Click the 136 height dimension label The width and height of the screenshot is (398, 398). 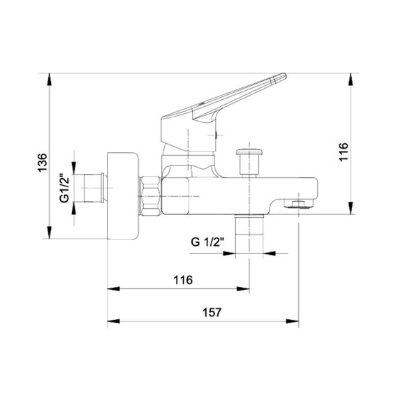43,163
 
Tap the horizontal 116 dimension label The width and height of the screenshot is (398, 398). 183,280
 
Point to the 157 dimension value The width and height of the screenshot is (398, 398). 212,312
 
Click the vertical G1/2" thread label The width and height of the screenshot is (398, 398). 64,188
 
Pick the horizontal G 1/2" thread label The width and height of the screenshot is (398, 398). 207,242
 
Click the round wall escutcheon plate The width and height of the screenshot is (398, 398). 123,196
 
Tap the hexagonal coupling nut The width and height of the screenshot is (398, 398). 151,196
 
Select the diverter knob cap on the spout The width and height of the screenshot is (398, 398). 249,152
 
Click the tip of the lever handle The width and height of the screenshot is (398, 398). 285,75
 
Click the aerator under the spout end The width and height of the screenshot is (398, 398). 299,204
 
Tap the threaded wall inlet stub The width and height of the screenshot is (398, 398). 94,188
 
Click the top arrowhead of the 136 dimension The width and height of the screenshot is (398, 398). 50,79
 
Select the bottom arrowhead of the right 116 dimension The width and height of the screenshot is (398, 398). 351,208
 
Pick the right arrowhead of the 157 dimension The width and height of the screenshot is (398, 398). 293,321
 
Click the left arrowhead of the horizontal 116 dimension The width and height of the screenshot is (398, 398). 113,289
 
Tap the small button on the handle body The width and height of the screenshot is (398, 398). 216,135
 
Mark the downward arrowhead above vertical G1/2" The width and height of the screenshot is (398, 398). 74,168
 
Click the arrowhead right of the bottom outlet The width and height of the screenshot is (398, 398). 270,253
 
